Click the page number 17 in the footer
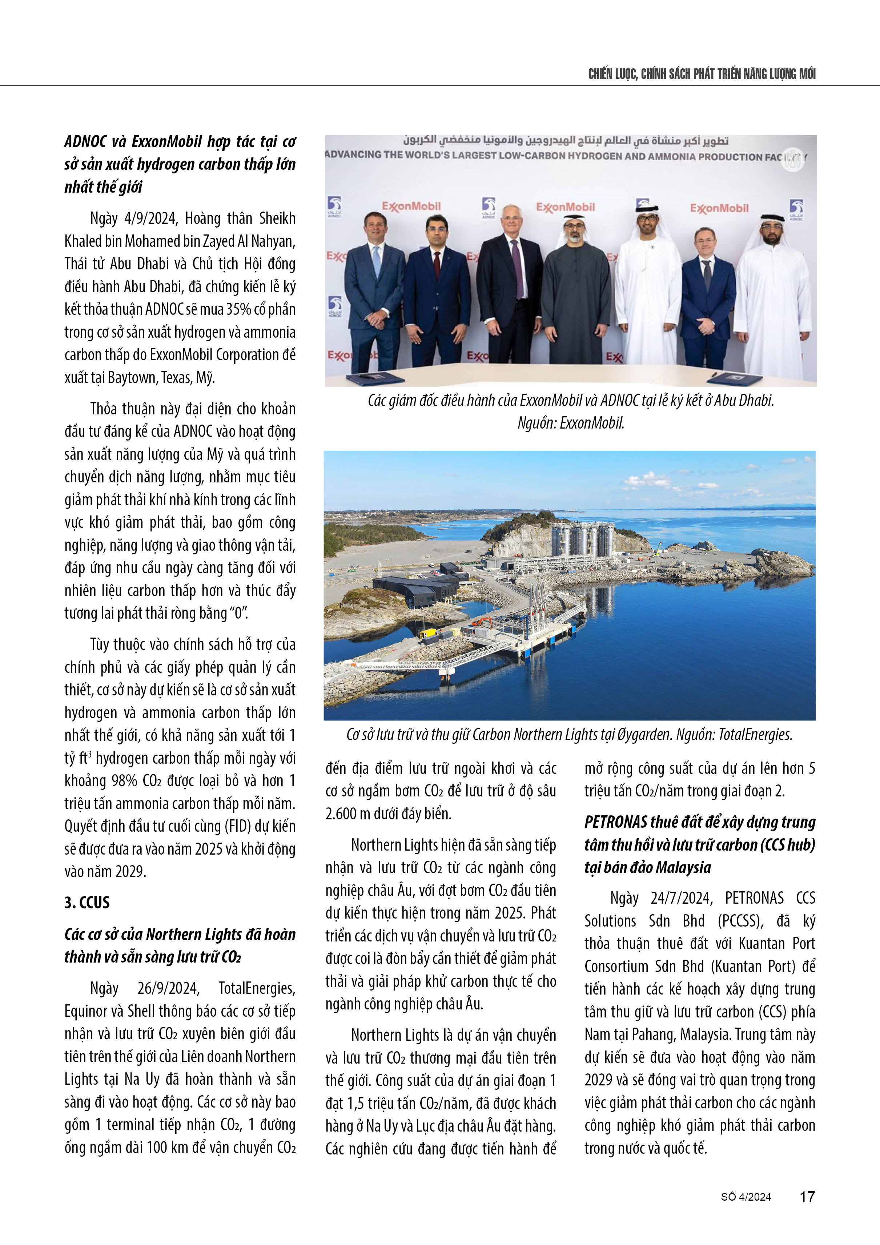click(807, 1196)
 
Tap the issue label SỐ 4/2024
click(746, 1197)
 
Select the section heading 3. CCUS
click(87, 902)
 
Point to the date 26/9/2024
click(168, 988)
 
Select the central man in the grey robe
click(576, 293)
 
